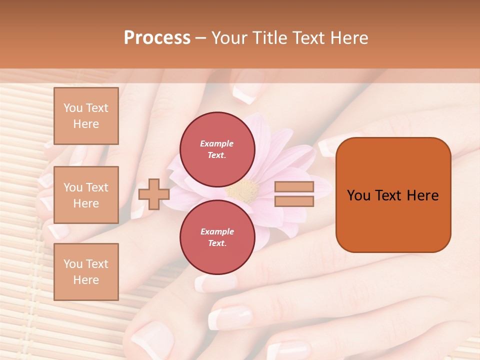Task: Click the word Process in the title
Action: (157, 38)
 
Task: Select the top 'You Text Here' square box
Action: (86, 116)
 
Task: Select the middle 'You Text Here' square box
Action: (86, 195)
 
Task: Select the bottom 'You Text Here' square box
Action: (86, 271)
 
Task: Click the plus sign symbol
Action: (153, 194)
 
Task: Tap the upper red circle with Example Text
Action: (217, 149)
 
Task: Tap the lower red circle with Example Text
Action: (217, 237)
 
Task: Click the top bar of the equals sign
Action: (294, 187)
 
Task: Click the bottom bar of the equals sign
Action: (294, 201)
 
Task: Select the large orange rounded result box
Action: (393, 195)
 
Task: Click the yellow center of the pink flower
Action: (244, 190)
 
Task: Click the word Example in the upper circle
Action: (217, 143)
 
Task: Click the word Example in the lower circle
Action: (217, 231)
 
